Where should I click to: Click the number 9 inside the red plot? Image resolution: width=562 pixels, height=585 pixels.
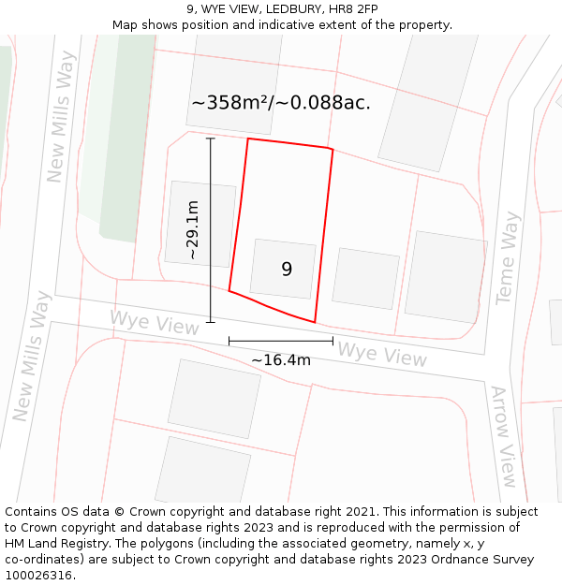[287, 270]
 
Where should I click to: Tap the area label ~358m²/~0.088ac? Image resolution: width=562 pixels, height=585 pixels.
[281, 103]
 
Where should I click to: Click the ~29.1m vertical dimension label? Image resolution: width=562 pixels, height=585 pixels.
[192, 230]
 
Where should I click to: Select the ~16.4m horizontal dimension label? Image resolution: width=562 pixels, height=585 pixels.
[281, 359]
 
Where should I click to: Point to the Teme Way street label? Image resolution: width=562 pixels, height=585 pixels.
[508, 257]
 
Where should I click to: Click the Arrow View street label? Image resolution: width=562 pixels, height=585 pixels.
[504, 436]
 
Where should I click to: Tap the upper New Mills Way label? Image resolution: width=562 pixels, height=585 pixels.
[61, 116]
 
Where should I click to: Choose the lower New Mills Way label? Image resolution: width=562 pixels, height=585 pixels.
[29, 357]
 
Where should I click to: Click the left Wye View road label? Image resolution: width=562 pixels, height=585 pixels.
[155, 322]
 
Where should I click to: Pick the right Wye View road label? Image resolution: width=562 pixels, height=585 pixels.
[381, 355]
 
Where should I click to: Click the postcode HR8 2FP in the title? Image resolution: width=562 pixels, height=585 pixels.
[355, 9]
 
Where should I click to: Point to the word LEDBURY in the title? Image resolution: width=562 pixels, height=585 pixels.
[293, 9]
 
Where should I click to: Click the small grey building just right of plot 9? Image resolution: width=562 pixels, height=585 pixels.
[365, 278]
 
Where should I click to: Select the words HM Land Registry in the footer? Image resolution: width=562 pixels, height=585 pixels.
[54, 544]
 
